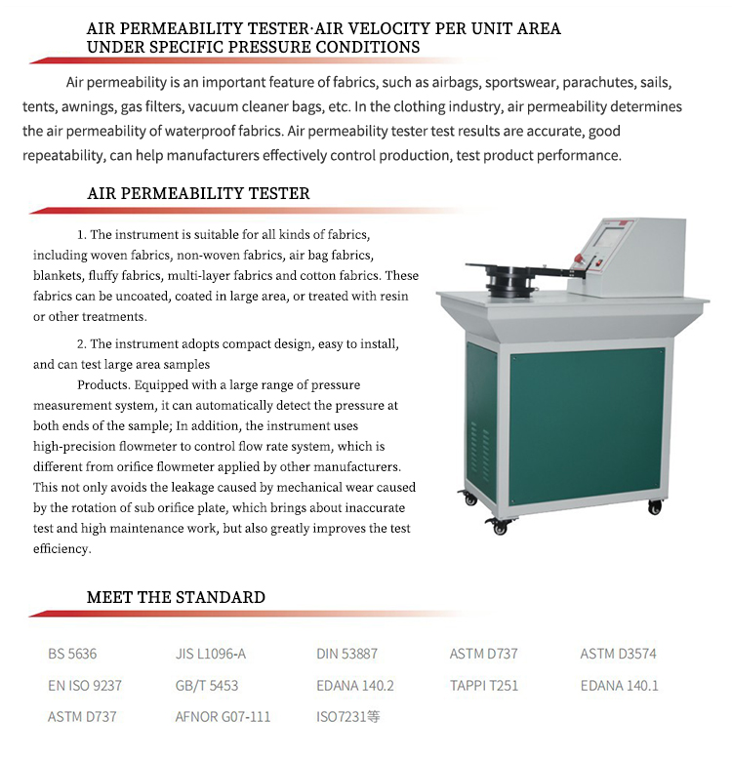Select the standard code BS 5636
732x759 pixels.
coord(72,654)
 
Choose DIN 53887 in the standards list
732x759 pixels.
coord(346,654)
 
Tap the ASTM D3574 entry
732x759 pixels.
coord(619,654)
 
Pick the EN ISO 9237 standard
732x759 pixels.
coord(85,686)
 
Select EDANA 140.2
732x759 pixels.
coord(355,686)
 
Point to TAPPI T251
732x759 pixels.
coord(484,686)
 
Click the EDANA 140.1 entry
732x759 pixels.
coord(619,686)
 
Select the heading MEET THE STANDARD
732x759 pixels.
coord(176,597)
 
